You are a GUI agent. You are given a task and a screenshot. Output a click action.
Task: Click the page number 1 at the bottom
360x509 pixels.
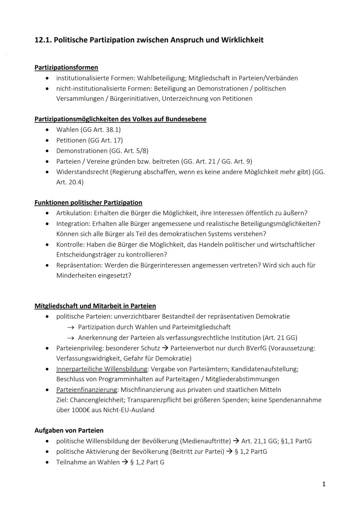click(324, 484)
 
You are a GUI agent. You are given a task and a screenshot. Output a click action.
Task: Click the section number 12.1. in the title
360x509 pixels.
click(43, 40)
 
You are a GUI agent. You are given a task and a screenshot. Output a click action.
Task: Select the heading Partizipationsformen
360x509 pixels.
click(66, 68)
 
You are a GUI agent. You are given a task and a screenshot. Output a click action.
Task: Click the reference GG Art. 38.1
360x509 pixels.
click(101, 130)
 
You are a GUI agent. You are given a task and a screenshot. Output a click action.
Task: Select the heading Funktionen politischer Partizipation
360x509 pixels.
click(88, 203)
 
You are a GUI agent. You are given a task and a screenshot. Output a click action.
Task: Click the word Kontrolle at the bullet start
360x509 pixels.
click(70, 245)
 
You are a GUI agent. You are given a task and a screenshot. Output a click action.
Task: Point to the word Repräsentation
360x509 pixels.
click(79, 265)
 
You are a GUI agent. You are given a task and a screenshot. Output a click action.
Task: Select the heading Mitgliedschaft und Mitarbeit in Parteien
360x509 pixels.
click(95, 306)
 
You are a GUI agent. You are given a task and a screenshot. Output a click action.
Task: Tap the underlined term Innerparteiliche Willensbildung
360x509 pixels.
click(102, 369)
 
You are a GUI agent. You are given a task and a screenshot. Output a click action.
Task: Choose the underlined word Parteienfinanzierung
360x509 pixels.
click(87, 390)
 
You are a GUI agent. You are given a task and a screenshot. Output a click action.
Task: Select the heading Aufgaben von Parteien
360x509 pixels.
click(69, 431)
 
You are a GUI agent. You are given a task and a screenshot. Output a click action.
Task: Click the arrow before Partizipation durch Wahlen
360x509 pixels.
click(70, 327)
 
